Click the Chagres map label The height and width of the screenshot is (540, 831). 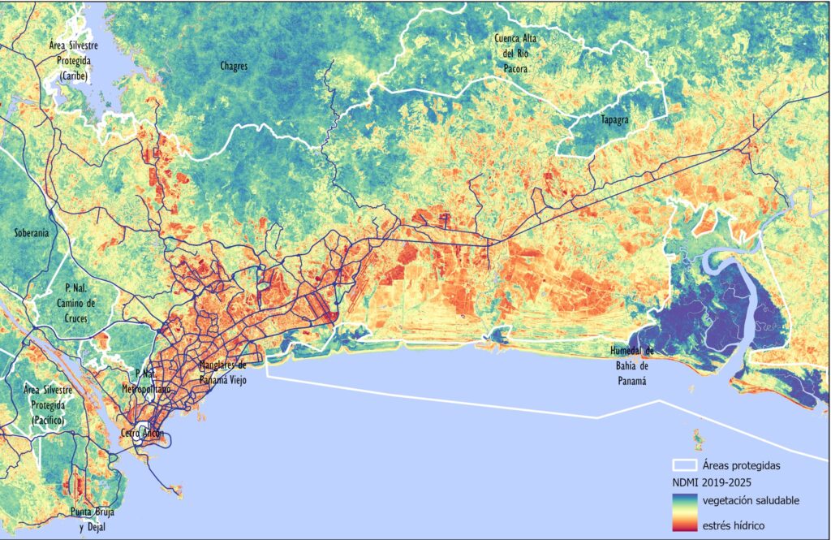pyautogui.click(x=233, y=66)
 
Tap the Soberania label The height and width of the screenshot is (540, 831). pyautogui.click(x=32, y=233)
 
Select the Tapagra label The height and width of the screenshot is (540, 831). pyautogui.click(x=614, y=119)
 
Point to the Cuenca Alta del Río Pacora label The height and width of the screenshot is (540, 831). pyautogui.click(x=520, y=54)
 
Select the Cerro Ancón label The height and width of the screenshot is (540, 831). pyautogui.click(x=143, y=434)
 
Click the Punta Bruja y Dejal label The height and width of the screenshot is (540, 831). pyautogui.click(x=93, y=520)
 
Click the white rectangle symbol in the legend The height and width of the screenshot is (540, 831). pyautogui.click(x=685, y=466)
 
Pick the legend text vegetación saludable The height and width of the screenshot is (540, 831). pyautogui.click(x=751, y=500)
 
